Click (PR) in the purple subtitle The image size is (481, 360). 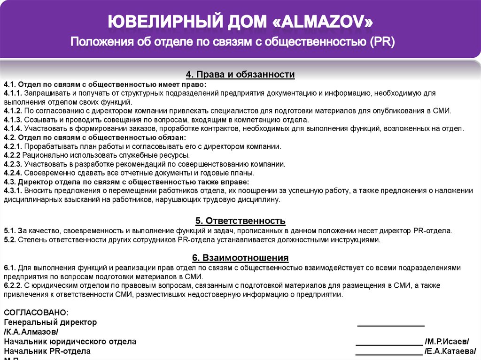[382, 43]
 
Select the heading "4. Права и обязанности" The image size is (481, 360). [240, 75]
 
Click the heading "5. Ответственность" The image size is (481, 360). [240, 221]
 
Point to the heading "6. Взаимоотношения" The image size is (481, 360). [240, 258]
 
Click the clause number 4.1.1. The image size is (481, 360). [13, 93]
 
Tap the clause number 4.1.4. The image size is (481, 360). [13, 128]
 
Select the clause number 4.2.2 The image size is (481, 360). [12, 155]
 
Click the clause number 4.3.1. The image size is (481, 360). [13, 191]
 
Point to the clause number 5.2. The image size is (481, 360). [9, 239]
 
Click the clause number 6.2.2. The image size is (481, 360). [13, 285]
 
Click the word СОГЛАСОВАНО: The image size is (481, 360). [36, 313]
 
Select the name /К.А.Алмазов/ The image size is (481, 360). [31, 332]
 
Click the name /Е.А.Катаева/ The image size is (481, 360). [450, 351]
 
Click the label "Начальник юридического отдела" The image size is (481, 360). [70, 342]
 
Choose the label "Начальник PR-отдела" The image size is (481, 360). [47, 351]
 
